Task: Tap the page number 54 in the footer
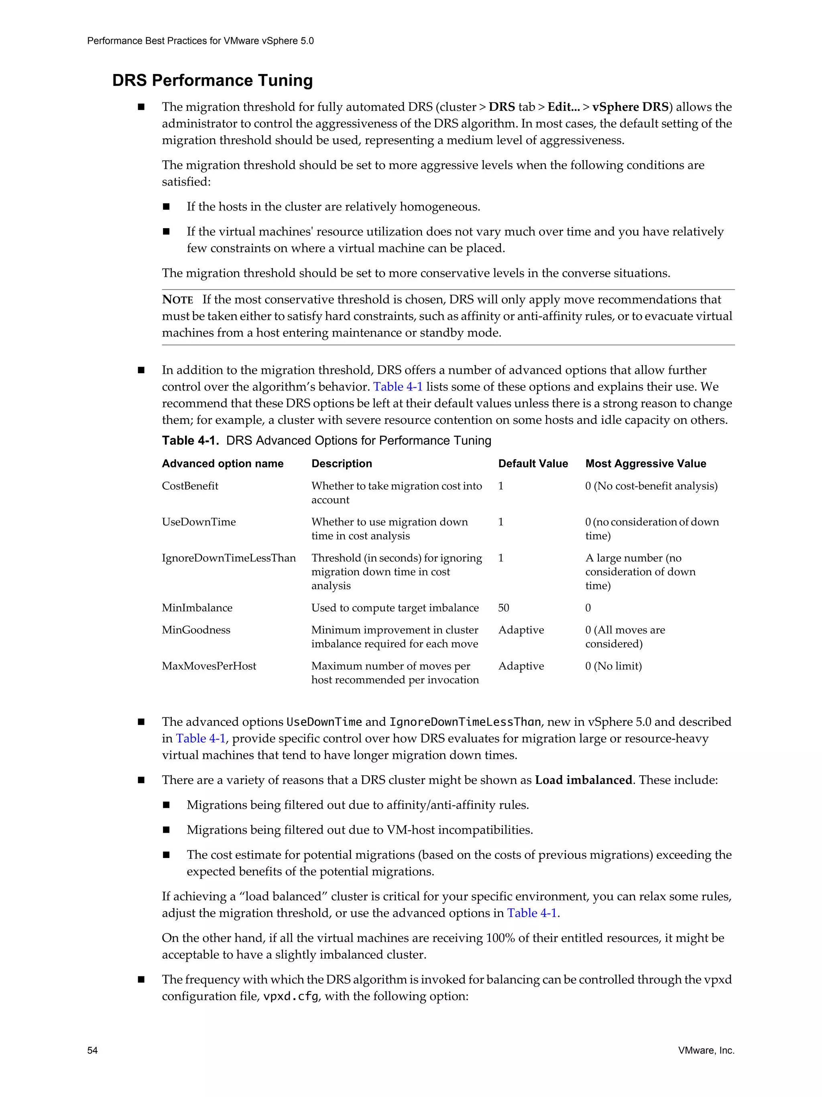pyautogui.click(x=92, y=1050)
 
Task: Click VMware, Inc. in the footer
pyautogui.click(x=706, y=1050)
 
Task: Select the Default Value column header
pyautogui.click(x=533, y=463)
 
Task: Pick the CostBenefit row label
pyautogui.click(x=190, y=486)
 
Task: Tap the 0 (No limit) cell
pyautogui.click(x=613, y=666)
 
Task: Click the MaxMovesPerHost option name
pyautogui.click(x=209, y=666)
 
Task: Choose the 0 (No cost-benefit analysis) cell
pyautogui.click(x=651, y=486)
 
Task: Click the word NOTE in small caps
pyautogui.click(x=177, y=300)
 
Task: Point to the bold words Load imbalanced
pyautogui.click(x=583, y=780)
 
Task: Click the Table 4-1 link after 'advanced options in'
pyautogui.click(x=532, y=913)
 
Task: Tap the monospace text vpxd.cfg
pyautogui.click(x=290, y=996)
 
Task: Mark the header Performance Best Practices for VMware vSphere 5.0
pyautogui.click(x=200, y=41)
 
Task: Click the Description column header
pyautogui.click(x=342, y=463)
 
